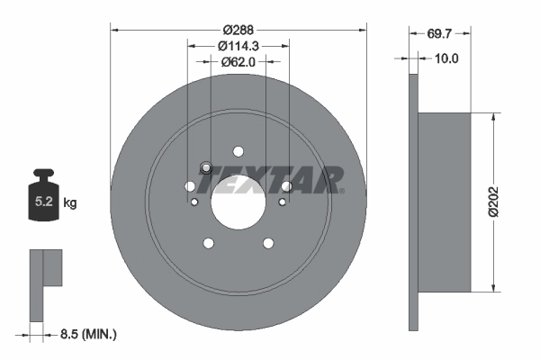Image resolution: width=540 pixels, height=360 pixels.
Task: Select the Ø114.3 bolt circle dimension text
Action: pyautogui.click(x=238, y=45)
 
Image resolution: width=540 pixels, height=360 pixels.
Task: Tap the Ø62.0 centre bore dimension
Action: pyautogui.click(x=238, y=62)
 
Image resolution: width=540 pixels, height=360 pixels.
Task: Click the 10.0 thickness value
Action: pyautogui.click(x=446, y=58)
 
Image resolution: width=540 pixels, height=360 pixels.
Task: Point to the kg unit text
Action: pyautogui.click(x=70, y=203)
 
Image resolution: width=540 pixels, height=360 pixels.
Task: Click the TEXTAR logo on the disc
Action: pyautogui.click(x=271, y=180)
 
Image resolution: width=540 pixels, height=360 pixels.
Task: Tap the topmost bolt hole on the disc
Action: pyautogui.click(x=238, y=151)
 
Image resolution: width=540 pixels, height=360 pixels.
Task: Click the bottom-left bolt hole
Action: pyautogui.click(x=209, y=243)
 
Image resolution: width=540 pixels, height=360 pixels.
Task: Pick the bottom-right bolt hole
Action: pyautogui.click(x=267, y=243)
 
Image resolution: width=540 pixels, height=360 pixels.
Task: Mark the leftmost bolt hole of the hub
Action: pyautogui.click(x=190, y=186)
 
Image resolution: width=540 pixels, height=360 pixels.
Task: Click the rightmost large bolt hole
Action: pyautogui.click(x=286, y=186)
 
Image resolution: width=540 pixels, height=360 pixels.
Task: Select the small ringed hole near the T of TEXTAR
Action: pyautogui.click(x=206, y=167)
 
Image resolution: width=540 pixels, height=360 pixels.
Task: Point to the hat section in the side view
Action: pyautogui.click(x=445, y=202)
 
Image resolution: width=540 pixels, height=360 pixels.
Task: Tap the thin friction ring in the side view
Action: pyautogui.click(x=413, y=202)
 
